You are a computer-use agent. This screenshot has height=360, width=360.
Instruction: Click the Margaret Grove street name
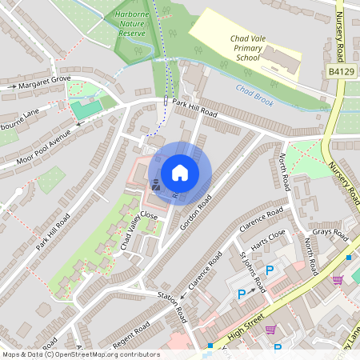click(46, 81)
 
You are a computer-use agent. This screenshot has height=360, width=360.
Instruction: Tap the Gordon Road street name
click(195, 213)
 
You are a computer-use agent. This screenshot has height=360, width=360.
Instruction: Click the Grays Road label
click(330, 234)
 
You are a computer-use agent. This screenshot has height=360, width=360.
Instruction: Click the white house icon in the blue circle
click(180, 172)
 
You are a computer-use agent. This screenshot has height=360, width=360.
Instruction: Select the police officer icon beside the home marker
click(154, 184)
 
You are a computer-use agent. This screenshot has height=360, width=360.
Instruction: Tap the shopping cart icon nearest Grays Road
click(337, 279)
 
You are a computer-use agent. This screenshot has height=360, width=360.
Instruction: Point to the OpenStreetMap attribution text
click(81, 354)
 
